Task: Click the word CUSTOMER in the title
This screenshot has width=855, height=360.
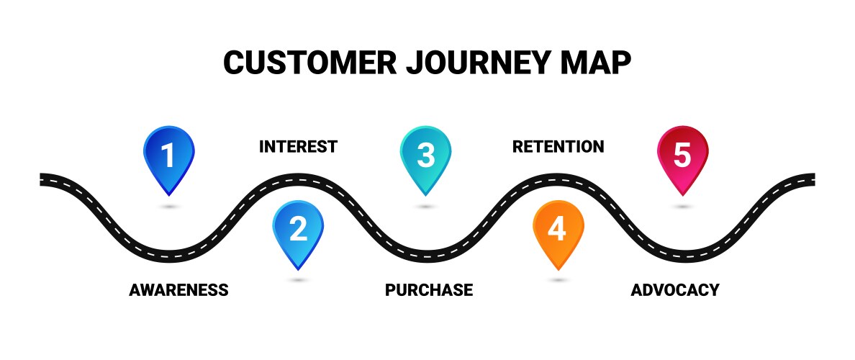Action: tap(309, 63)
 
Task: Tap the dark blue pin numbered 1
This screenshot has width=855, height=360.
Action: tap(168, 156)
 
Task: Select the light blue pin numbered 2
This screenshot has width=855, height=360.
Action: tap(298, 230)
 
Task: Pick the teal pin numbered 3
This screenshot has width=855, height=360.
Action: tap(425, 156)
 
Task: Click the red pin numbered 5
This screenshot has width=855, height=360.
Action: tap(682, 156)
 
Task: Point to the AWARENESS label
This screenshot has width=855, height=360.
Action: tap(178, 290)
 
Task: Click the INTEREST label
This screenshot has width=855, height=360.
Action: tap(298, 147)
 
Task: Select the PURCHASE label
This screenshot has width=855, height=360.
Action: tap(429, 290)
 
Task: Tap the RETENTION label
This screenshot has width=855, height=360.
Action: tap(558, 147)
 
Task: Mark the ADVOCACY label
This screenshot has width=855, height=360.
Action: tap(674, 290)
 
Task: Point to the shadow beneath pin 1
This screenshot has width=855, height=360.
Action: tap(168, 207)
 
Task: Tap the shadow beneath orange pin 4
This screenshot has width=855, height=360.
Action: tap(558, 279)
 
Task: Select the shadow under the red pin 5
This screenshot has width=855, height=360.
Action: tap(682, 207)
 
